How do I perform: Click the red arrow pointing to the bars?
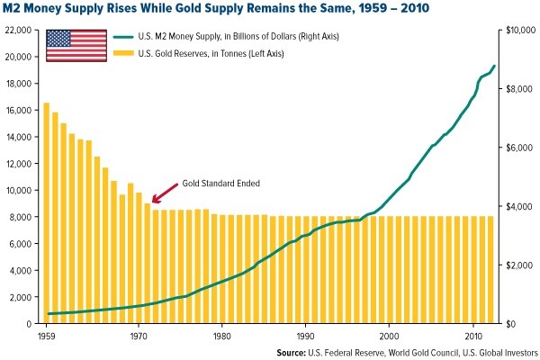(x=162, y=193)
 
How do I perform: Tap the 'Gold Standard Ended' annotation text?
(x=221, y=183)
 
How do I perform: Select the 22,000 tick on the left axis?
(x=18, y=30)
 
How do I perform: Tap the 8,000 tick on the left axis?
(x=21, y=217)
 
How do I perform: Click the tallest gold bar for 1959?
(x=47, y=212)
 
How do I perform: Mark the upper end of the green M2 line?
(x=493, y=67)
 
